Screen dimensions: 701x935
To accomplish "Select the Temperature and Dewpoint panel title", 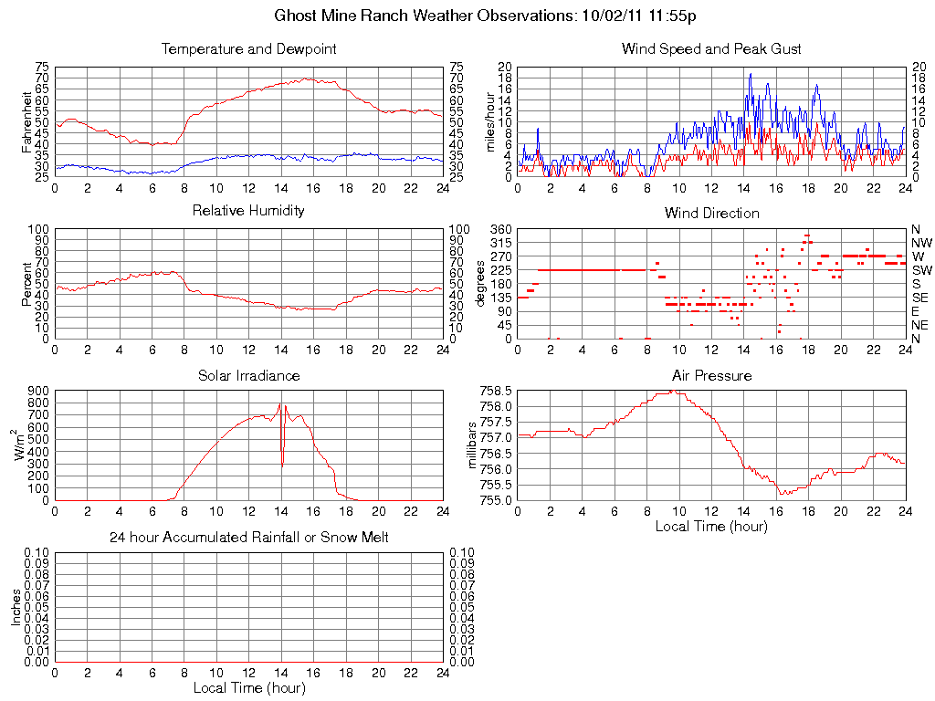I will click(248, 48).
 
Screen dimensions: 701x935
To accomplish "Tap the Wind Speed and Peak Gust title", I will click(711, 48).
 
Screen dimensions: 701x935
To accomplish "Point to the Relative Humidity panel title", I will click(248, 211).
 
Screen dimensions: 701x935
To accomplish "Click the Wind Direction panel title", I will click(711, 213).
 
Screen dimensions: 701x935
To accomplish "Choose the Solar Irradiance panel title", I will click(248, 375).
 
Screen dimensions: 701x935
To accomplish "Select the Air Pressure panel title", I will click(711, 375).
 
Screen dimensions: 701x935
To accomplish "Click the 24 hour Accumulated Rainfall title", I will click(248, 538).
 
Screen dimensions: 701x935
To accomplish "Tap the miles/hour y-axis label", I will click(489, 121).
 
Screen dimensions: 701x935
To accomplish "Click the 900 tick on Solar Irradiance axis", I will click(37, 391).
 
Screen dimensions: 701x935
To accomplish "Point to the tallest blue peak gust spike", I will click(750, 74).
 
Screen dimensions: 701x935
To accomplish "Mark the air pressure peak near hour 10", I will click(672, 391).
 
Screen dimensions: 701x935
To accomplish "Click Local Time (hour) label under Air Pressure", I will click(711, 526).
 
